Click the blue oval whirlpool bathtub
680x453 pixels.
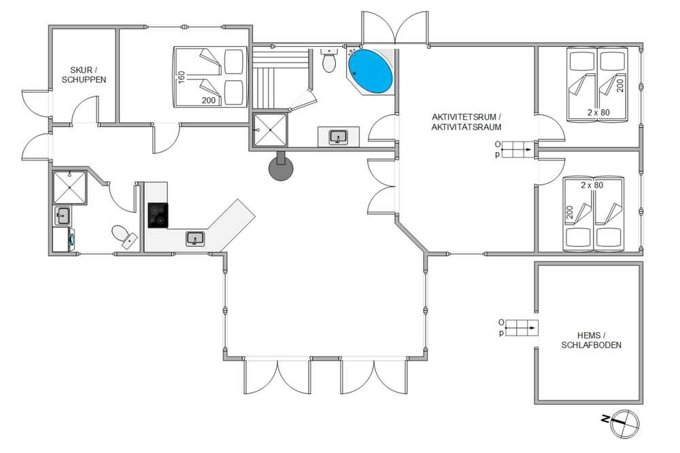point(371,71)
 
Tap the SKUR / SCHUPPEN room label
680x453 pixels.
point(84,75)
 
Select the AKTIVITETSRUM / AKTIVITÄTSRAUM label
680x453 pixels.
point(466,122)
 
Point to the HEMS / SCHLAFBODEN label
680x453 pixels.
point(591,340)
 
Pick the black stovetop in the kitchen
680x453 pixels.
point(158,215)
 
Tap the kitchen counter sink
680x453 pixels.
point(195,238)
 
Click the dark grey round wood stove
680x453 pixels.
point(281,168)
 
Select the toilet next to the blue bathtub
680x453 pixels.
point(329,60)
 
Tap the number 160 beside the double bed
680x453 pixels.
point(182,77)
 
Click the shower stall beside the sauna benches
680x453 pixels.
point(270,130)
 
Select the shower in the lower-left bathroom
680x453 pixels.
point(69,187)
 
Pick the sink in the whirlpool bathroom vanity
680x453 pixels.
point(338,137)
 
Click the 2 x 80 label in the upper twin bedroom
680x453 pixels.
point(598,113)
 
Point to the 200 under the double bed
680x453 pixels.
point(209,101)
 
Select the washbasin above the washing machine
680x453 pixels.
point(62,216)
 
